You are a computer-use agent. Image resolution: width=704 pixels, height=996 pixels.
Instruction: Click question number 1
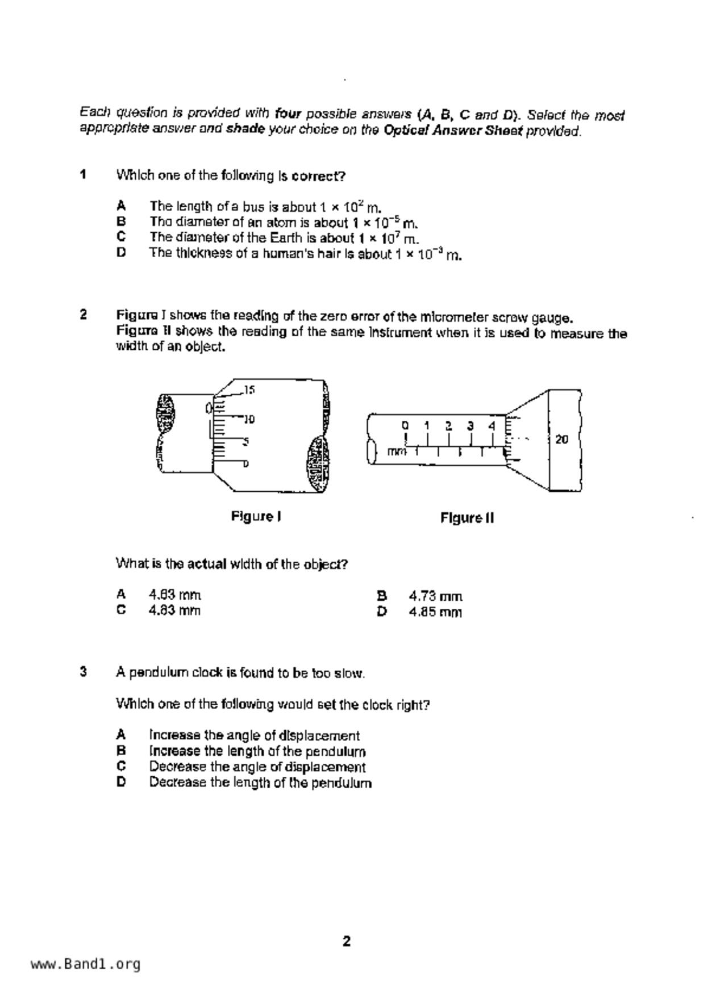pos(84,174)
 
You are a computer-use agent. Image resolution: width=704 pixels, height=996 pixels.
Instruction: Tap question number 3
pos(84,672)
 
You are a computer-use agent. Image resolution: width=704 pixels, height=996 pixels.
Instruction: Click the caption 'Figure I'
pos(256,516)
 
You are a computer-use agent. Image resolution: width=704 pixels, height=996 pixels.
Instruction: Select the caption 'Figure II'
pos(467,518)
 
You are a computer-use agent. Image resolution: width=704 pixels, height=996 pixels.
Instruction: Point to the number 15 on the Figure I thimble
pos(249,390)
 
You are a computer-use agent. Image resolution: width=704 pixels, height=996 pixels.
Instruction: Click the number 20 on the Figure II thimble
pos(561,439)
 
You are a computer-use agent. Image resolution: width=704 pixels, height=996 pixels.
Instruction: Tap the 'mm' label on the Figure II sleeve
pos(397,451)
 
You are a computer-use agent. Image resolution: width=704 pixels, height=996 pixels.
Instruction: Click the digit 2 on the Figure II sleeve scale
pos(448,425)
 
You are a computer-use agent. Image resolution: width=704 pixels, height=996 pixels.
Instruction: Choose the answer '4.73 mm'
pos(435,596)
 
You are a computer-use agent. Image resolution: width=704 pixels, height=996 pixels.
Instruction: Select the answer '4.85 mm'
pos(435,612)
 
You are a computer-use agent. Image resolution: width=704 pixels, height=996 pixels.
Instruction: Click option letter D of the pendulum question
pos(121,782)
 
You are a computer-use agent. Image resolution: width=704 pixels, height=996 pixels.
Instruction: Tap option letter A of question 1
pos(120,206)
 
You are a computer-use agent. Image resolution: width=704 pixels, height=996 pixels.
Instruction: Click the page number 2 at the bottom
pos(347,941)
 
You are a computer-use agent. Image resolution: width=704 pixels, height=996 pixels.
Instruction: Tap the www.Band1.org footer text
pos(85,964)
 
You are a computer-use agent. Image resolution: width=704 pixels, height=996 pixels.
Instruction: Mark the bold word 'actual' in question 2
pos(207,564)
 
